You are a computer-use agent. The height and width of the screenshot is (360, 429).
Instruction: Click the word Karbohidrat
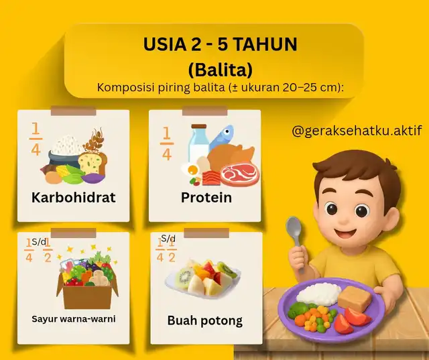click(x=73, y=197)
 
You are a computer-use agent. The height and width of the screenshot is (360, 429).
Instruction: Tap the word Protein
click(x=206, y=197)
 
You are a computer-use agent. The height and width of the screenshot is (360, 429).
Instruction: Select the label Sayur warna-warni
click(x=74, y=319)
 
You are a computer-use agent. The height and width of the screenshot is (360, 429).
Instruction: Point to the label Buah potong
click(x=205, y=321)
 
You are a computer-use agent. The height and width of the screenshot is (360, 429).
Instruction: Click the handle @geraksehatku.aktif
click(x=357, y=131)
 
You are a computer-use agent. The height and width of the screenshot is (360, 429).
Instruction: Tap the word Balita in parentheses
click(x=221, y=70)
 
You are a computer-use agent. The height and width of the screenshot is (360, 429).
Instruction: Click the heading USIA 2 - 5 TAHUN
click(x=221, y=44)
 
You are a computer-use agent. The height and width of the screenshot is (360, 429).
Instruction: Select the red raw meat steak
click(x=240, y=174)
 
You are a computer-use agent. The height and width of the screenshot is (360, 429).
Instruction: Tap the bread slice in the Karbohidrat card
click(x=93, y=163)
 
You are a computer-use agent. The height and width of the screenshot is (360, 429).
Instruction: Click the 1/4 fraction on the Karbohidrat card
click(x=36, y=139)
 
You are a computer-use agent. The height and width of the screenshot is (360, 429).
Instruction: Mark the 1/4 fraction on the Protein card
click(x=167, y=143)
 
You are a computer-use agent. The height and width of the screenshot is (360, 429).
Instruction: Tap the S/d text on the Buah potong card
click(x=168, y=238)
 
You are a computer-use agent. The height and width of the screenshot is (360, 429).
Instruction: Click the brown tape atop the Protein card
click(x=205, y=111)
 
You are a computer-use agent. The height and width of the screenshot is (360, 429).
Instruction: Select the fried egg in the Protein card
click(x=192, y=170)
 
